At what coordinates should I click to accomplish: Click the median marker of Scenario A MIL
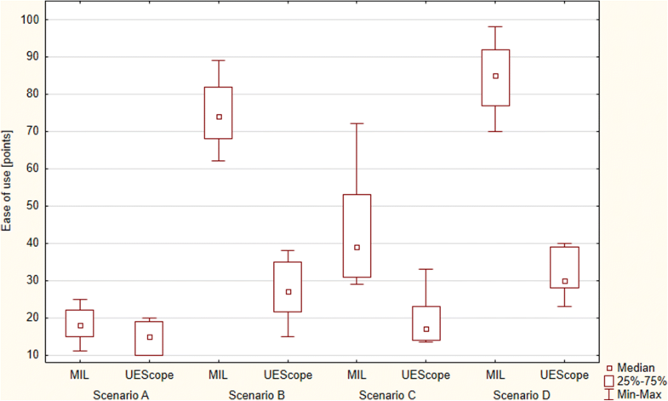coord(81,325)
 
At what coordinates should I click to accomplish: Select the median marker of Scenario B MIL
coord(219,117)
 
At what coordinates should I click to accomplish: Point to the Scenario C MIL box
coord(357,236)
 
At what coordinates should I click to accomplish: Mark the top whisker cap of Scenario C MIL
coord(357,123)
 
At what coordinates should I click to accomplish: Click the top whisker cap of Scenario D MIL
coord(495,26)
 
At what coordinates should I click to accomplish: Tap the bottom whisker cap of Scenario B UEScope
coord(288,336)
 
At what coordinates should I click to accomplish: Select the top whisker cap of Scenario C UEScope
coord(426,269)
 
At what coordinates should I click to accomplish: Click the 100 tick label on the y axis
coord(30,19)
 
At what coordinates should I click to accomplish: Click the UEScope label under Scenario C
coord(426,375)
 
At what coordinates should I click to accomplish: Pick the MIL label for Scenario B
coord(219,375)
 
